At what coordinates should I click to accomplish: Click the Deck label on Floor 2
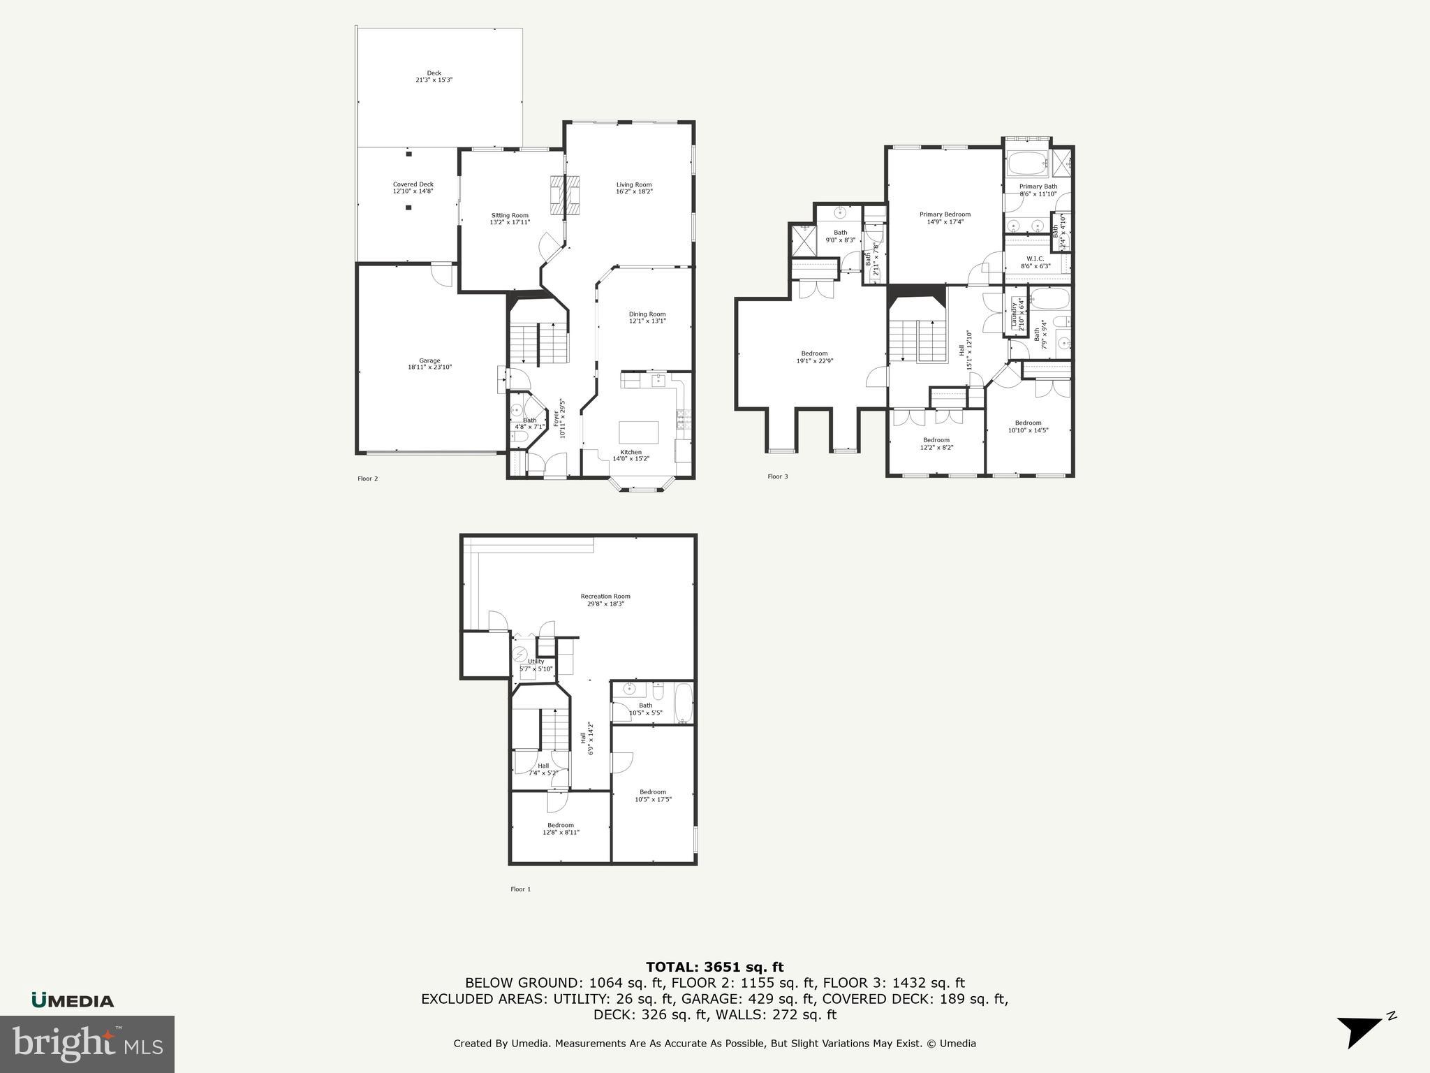(x=434, y=76)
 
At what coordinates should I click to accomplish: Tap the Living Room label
(x=634, y=188)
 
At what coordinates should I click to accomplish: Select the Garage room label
(x=429, y=363)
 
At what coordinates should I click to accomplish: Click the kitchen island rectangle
(x=639, y=432)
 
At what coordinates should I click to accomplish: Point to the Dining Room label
(x=647, y=317)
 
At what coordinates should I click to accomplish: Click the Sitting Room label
(x=510, y=219)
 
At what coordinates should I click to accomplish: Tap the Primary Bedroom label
(x=945, y=218)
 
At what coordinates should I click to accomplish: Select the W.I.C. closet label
(x=1035, y=262)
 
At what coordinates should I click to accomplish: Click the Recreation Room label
(x=605, y=599)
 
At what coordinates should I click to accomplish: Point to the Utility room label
(x=536, y=664)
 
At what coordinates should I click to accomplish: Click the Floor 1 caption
(x=520, y=889)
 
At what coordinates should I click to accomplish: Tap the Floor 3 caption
(x=778, y=476)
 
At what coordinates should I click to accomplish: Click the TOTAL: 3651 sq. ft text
(x=714, y=968)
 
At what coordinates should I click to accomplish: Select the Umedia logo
(x=73, y=1000)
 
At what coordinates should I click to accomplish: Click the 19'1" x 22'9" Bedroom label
(x=815, y=357)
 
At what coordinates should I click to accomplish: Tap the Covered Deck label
(x=413, y=187)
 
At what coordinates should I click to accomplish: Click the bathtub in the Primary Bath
(x=1027, y=163)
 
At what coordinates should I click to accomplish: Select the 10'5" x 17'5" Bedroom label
(x=653, y=795)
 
